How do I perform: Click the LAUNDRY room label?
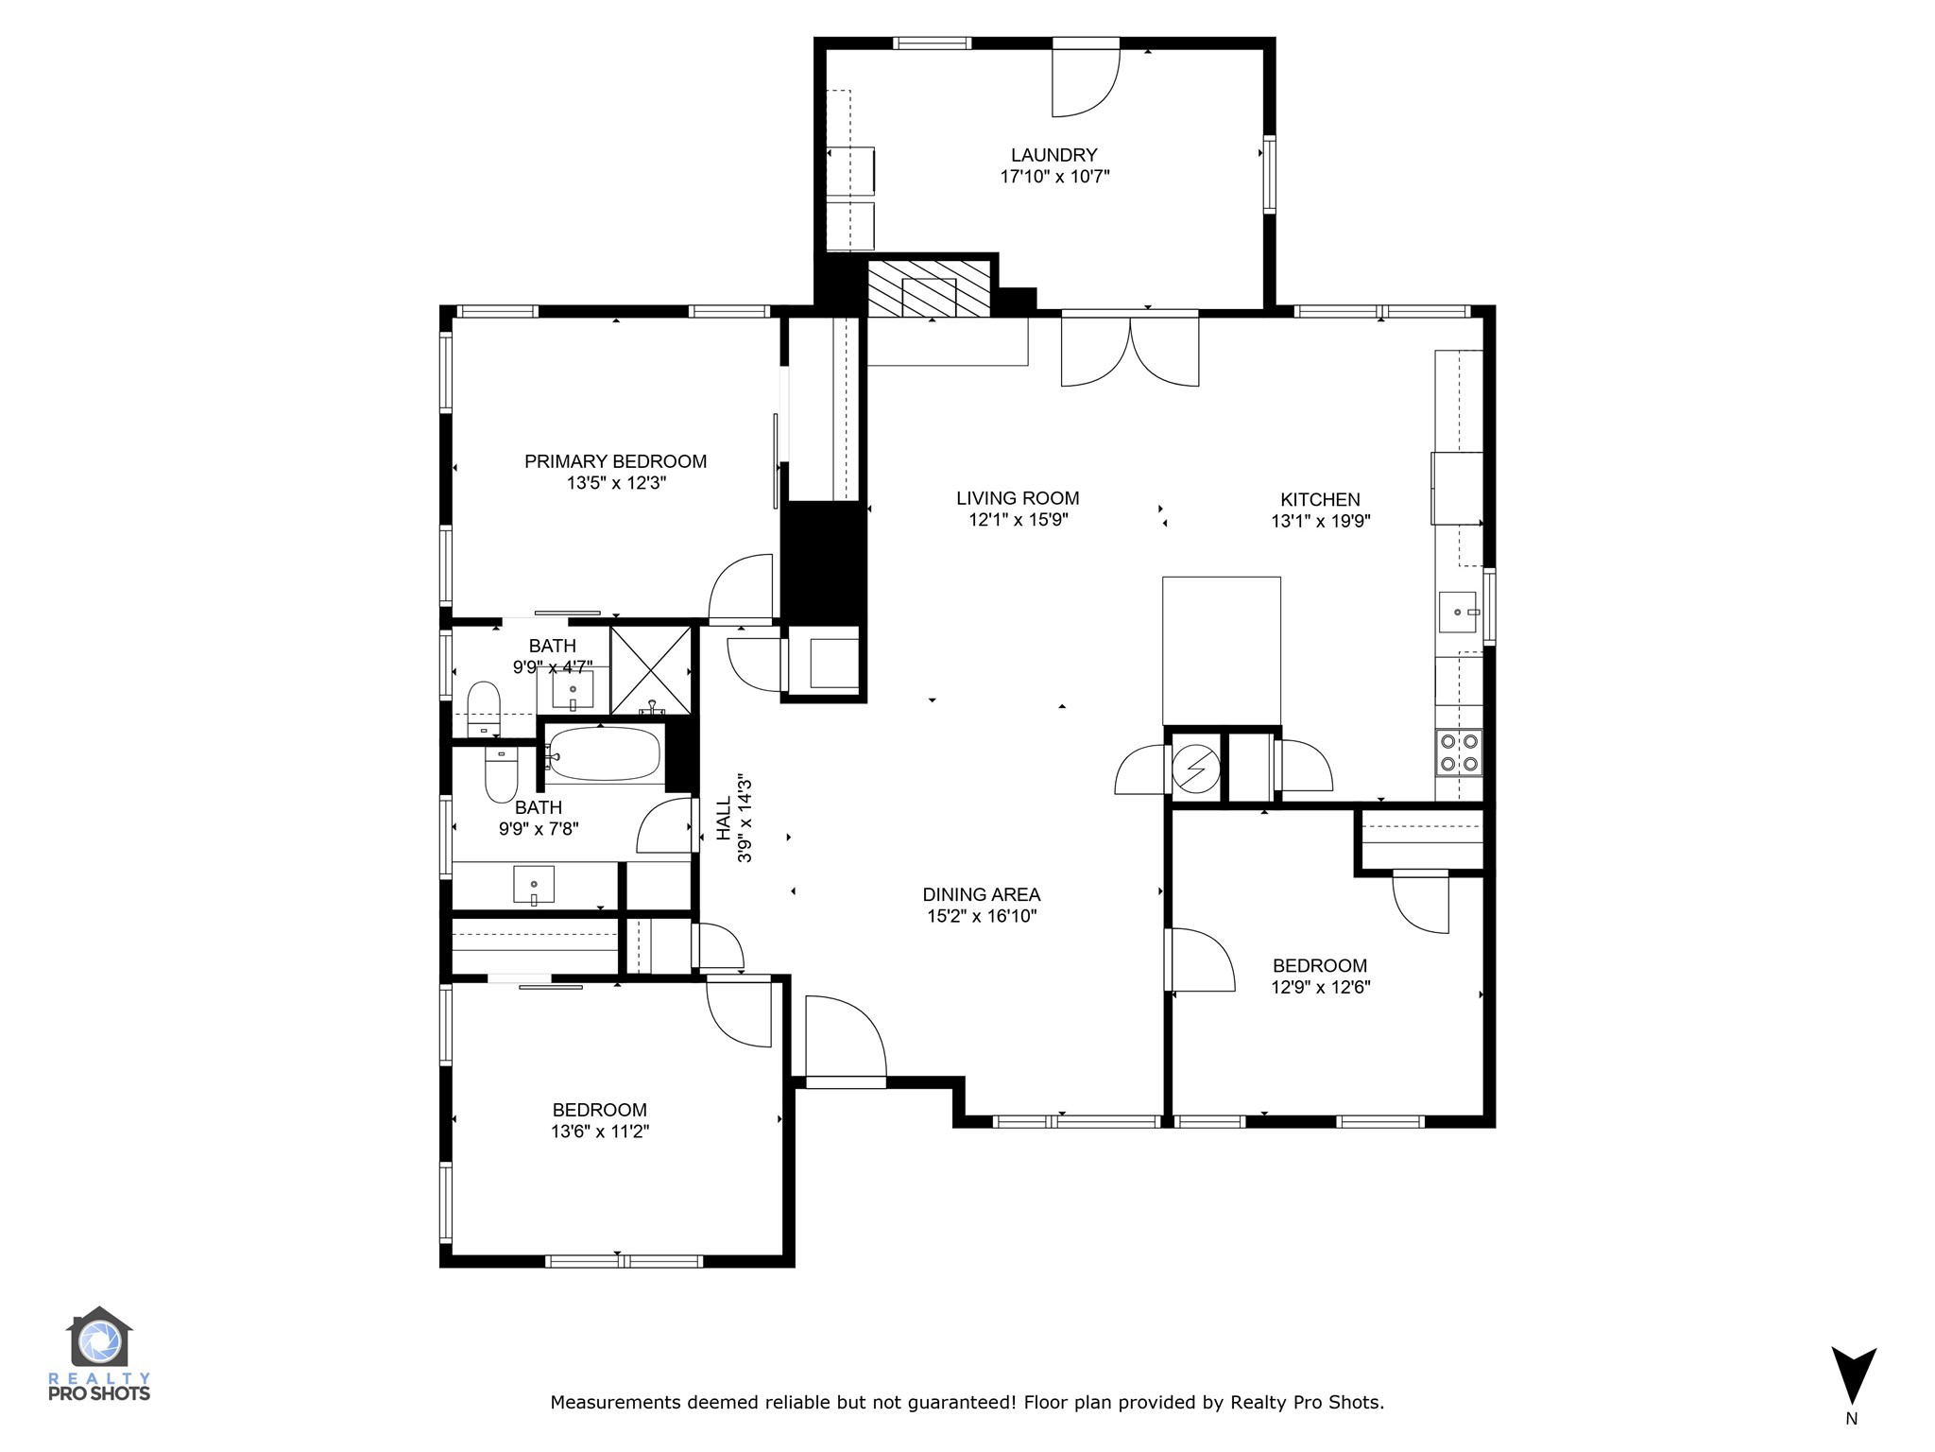point(1053,155)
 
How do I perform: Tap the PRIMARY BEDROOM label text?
point(615,461)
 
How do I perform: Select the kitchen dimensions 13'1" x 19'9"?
point(1320,521)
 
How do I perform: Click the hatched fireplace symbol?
point(928,289)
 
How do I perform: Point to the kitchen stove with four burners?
point(1458,753)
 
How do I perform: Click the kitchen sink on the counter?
point(1460,612)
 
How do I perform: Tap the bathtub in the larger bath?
point(604,754)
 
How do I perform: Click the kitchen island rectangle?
point(1221,650)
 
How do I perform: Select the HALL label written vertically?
point(724,818)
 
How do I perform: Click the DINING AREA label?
point(981,894)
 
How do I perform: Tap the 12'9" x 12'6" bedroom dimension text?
point(1320,987)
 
